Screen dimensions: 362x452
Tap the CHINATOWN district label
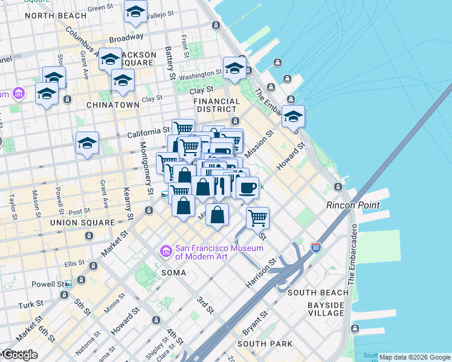click(x=113, y=104)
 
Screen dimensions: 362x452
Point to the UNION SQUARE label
click(x=82, y=223)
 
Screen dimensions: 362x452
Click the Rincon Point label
click(x=353, y=205)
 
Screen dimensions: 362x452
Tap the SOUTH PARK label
click(x=265, y=344)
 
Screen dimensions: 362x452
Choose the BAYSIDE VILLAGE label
click(x=326, y=309)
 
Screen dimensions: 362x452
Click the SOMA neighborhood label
click(x=173, y=273)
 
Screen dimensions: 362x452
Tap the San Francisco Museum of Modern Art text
click(x=219, y=253)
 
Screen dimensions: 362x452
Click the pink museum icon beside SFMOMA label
click(x=164, y=250)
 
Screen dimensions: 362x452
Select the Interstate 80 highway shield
click(x=315, y=247)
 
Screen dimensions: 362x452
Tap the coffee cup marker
click(x=247, y=188)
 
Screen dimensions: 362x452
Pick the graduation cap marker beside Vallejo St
click(x=135, y=11)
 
